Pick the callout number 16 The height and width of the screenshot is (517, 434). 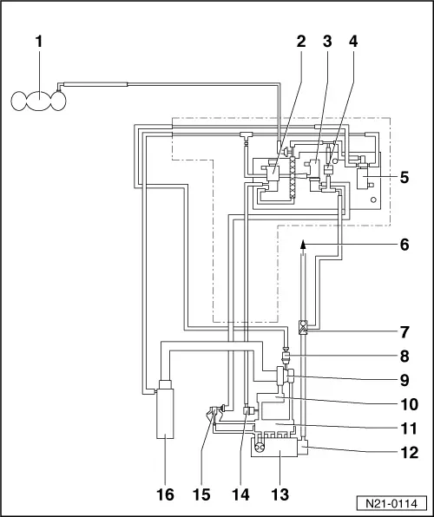[x=164, y=494]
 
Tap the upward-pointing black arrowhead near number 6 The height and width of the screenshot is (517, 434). [x=302, y=246]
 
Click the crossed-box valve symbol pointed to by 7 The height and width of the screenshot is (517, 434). [x=302, y=328]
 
